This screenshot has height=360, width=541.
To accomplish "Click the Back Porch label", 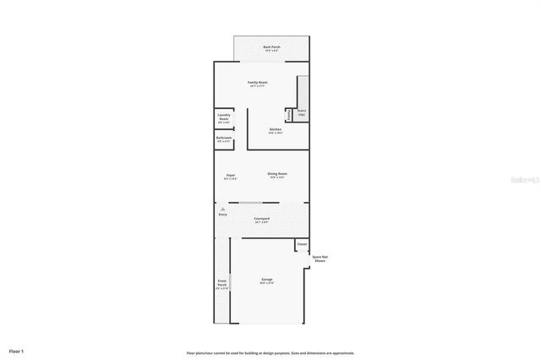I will click(271, 46).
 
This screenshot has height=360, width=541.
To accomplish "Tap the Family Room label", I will click(257, 82).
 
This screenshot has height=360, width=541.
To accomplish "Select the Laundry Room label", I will click(224, 116).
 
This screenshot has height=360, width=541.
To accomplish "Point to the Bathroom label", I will click(224, 137).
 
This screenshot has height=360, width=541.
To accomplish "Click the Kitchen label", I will click(276, 128).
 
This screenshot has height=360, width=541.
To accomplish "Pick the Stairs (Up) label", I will click(302, 112).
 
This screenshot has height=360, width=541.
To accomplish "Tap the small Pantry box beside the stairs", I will click(288, 115).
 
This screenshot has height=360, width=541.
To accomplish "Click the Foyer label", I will click(230, 174).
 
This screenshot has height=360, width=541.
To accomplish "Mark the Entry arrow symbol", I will click(223, 208).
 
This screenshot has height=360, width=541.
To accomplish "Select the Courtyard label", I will click(261, 218).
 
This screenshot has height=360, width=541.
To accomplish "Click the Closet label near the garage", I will click(302, 243).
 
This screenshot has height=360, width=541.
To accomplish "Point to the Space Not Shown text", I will click(320, 259).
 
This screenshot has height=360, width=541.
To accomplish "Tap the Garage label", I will click(266, 279).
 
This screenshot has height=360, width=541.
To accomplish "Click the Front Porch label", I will click(221, 283).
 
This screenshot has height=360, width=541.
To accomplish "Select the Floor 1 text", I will click(17, 350).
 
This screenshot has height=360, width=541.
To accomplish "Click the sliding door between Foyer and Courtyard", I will click(251, 203).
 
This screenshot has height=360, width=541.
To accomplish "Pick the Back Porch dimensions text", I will click(271, 51).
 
